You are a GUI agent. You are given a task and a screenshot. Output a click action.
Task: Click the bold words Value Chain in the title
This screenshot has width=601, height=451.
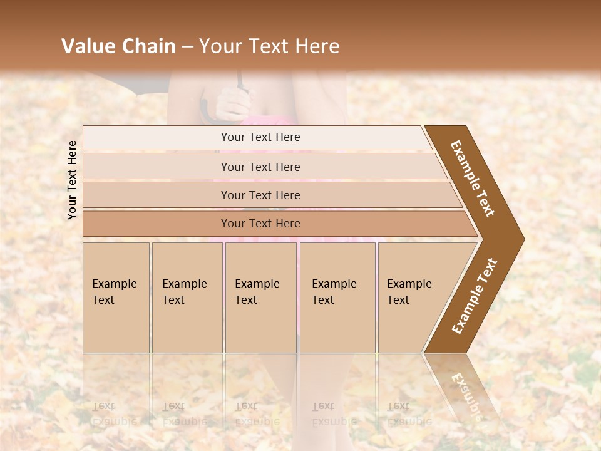pos(118,46)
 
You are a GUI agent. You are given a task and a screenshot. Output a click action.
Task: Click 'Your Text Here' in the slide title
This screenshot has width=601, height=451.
pos(269,46)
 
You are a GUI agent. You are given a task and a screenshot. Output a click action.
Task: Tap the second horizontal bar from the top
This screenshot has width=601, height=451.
pos(260,167)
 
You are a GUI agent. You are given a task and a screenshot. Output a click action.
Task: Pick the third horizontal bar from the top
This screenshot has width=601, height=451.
pos(260,195)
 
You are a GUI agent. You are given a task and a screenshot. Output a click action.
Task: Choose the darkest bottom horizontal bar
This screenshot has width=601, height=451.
pos(260,224)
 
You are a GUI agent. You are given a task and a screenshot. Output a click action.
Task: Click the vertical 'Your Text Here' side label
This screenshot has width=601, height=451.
pos(72,180)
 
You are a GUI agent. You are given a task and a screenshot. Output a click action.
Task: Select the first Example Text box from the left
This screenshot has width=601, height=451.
pos(116,297)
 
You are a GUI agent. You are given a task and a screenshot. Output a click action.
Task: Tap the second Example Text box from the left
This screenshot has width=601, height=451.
pos(187,297)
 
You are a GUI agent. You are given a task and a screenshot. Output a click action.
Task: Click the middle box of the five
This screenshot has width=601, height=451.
pos(260,297)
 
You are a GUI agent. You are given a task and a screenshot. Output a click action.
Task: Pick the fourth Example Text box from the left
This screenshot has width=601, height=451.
pos(337,297)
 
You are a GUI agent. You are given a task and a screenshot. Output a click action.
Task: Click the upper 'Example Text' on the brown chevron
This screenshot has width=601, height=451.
pos(473,178)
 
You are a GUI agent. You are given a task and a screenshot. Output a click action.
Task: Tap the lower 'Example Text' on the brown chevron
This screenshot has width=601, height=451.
pos(474,296)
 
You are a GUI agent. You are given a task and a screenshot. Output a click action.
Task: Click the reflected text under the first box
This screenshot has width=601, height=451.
pos(114,413)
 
